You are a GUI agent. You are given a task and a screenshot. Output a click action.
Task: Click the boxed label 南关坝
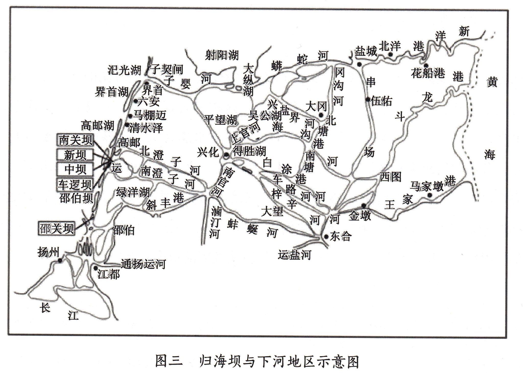75,140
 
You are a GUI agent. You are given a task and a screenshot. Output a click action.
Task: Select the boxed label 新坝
75,155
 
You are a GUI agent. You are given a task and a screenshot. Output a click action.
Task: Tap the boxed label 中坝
75,169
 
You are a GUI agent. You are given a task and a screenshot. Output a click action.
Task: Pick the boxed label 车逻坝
75,184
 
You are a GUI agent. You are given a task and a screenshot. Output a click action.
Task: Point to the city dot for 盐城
359,64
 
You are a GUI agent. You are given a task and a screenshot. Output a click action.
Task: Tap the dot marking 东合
326,237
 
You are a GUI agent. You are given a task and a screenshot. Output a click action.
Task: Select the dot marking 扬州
60,260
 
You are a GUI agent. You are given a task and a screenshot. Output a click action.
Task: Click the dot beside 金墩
364,205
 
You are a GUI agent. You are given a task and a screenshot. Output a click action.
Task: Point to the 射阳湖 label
222,55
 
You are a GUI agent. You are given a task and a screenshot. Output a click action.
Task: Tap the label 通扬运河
144,264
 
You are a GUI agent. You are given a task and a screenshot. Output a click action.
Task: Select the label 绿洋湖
133,192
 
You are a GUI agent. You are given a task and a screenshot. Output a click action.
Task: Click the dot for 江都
96,268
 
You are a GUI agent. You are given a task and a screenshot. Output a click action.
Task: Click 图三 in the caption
169,361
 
